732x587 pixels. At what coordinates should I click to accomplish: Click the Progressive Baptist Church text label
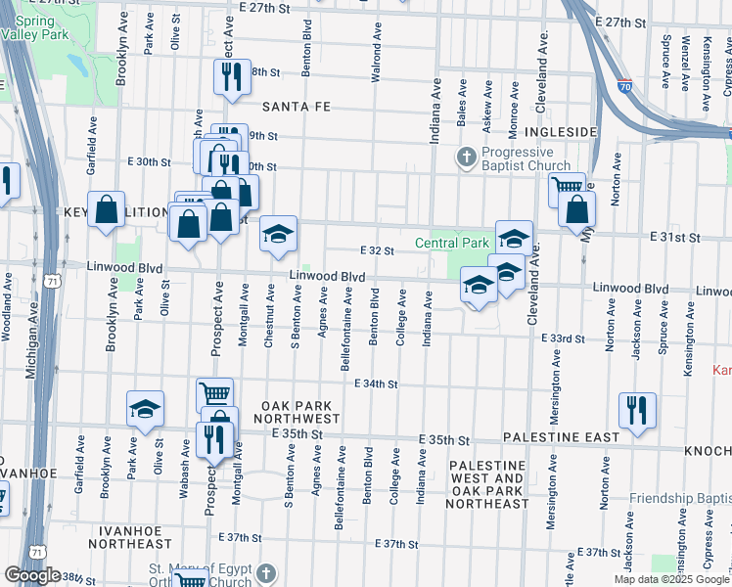(517, 158)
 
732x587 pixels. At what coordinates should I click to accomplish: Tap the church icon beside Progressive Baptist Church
(467, 157)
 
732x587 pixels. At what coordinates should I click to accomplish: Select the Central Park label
(451, 243)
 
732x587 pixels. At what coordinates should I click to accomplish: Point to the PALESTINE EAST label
(561, 437)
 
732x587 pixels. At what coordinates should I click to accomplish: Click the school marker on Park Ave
(145, 409)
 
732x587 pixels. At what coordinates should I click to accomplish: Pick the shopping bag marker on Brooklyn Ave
(106, 209)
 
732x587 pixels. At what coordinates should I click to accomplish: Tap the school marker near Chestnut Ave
(279, 234)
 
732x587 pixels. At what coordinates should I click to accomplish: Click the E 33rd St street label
(562, 338)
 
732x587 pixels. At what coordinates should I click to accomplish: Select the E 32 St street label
(377, 250)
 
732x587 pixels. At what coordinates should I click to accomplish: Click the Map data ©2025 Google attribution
(671, 579)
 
